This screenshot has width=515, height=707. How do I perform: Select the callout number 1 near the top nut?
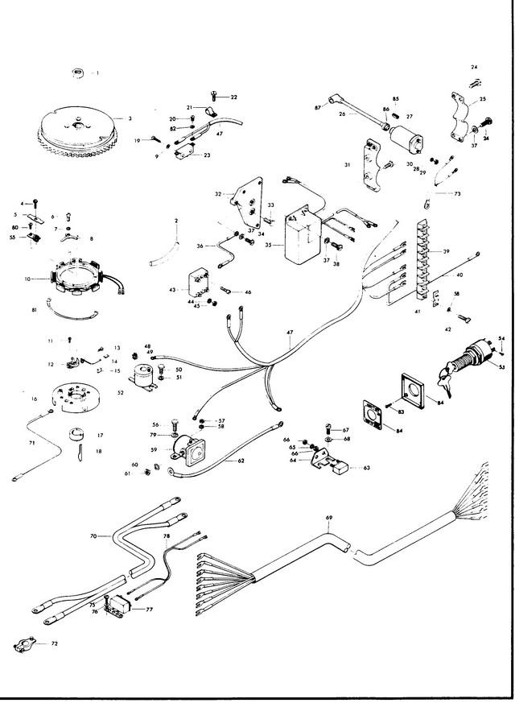coord(97,73)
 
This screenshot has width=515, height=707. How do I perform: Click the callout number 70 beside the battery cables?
coord(93,536)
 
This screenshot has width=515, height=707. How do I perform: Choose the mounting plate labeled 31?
coord(372,164)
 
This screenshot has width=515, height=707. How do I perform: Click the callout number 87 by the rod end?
coord(317,107)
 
